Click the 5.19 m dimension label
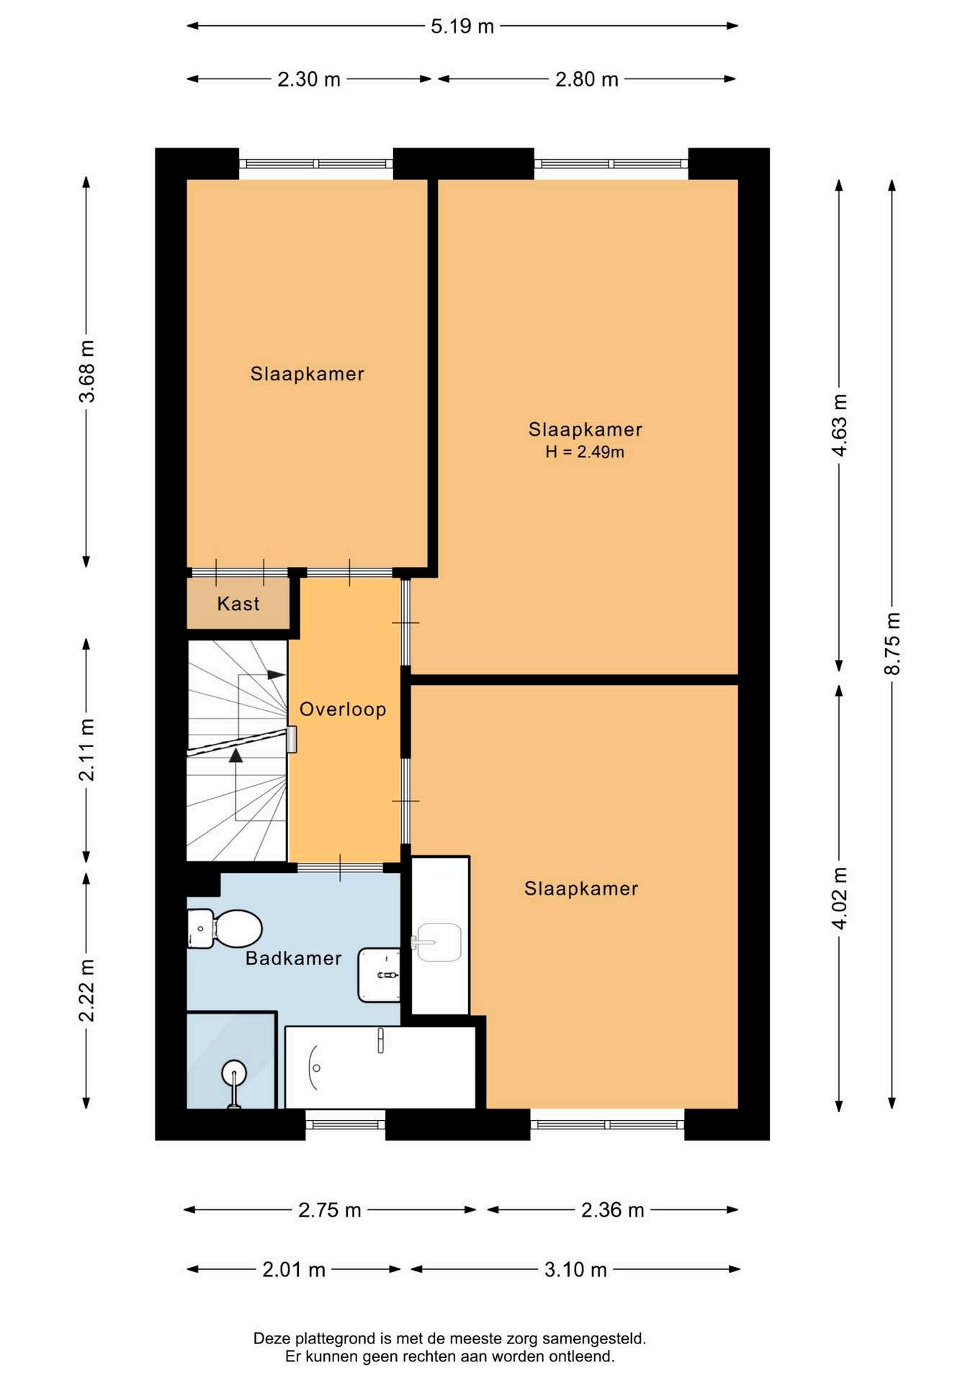[x=462, y=27]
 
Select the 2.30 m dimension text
[x=309, y=79]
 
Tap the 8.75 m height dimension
[x=892, y=643]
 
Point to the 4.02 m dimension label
[x=840, y=899]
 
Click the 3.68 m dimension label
[x=86, y=371]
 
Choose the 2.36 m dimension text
[x=612, y=1210]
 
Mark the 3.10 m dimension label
[x=575, y=1269]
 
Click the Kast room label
[x=238, y=604]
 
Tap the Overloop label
[x=343, y=710]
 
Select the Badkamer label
[x=294, y=958]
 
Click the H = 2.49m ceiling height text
[x=585, y=452]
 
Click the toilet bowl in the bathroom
[x=237, y=928]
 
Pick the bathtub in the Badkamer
[x=380, y=1068]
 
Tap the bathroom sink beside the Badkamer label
[x=380, y=975]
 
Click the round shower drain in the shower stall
[x=234, y=1073]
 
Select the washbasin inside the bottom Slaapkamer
[x=439, y=942]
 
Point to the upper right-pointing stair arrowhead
[x=277, y=675]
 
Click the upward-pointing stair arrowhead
[x=235, y=756]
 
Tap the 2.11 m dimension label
[x=86, y=750]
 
